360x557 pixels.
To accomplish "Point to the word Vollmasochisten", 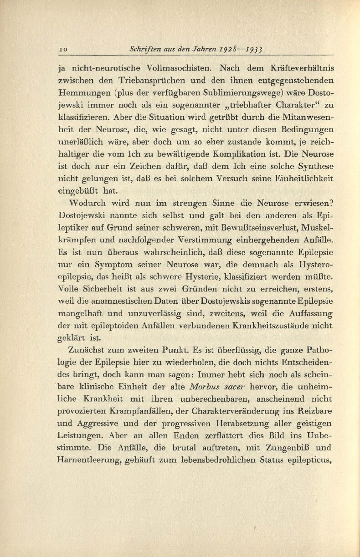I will pyautogui.click(x=179, y=69).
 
